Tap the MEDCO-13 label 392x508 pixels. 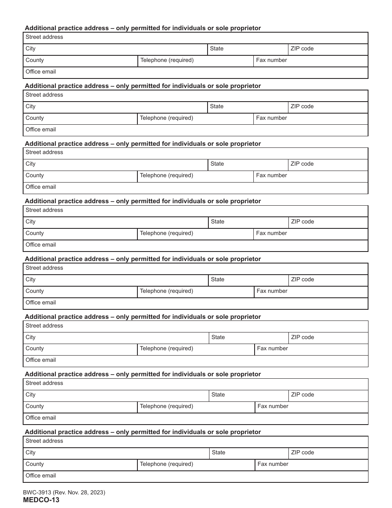point(41,500)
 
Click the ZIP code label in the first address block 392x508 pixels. point(302,49)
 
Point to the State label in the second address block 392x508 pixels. point(217,107)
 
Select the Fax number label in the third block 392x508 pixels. point(272,176)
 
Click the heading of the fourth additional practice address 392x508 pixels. point(143,201)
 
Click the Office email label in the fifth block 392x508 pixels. point(40,303)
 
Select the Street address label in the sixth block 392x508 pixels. point(44,326)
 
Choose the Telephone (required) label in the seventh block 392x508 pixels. point(166,406)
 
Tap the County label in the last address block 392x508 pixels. point(35,464)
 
